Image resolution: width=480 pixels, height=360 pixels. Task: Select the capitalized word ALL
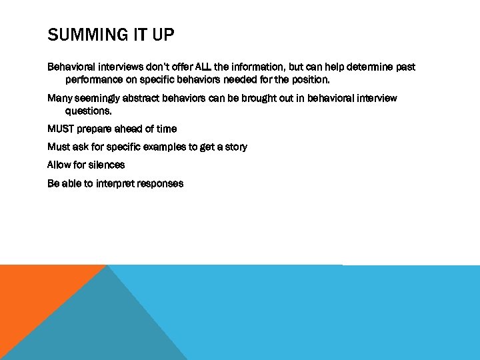click(203, 67)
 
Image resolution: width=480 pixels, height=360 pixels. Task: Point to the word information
click(257, 67)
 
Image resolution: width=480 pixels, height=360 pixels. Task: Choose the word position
click(309, 80)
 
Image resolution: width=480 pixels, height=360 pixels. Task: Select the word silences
click(106, 165)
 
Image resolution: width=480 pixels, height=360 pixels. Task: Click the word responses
click(160, 183)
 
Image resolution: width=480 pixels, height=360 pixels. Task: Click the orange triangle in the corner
click(33, 293)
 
